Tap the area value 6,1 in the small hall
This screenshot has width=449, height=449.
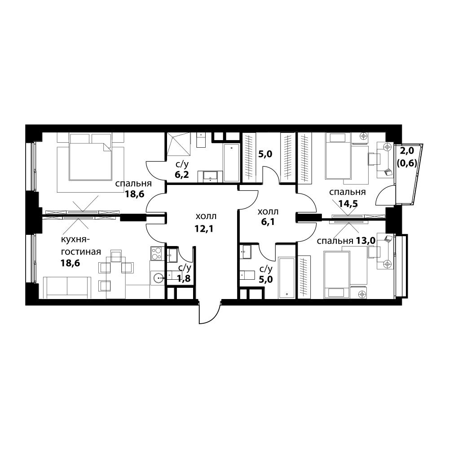pyautogui.click(x=268, y=221)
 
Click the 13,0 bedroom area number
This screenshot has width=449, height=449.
pyautogui.click(x=365, y=241)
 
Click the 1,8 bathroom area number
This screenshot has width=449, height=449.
pyautogui.click(x=184, y=278)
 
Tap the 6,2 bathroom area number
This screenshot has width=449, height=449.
pyautogui.click(x=182, y=174)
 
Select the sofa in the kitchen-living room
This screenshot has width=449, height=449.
pyautogui.click(x=67, y=288)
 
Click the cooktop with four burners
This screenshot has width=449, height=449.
pyautogui.click(x=157, y=253)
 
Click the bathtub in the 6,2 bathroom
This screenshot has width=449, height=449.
pyautogui.click(x=231, y=163)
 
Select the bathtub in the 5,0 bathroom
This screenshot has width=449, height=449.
pyautogui.click(x=286, y=278)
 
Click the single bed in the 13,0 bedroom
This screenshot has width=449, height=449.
pyautogui.click(x=336, y=275)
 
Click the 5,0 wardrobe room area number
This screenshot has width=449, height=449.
pyautogui.click(x=265, y=154)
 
